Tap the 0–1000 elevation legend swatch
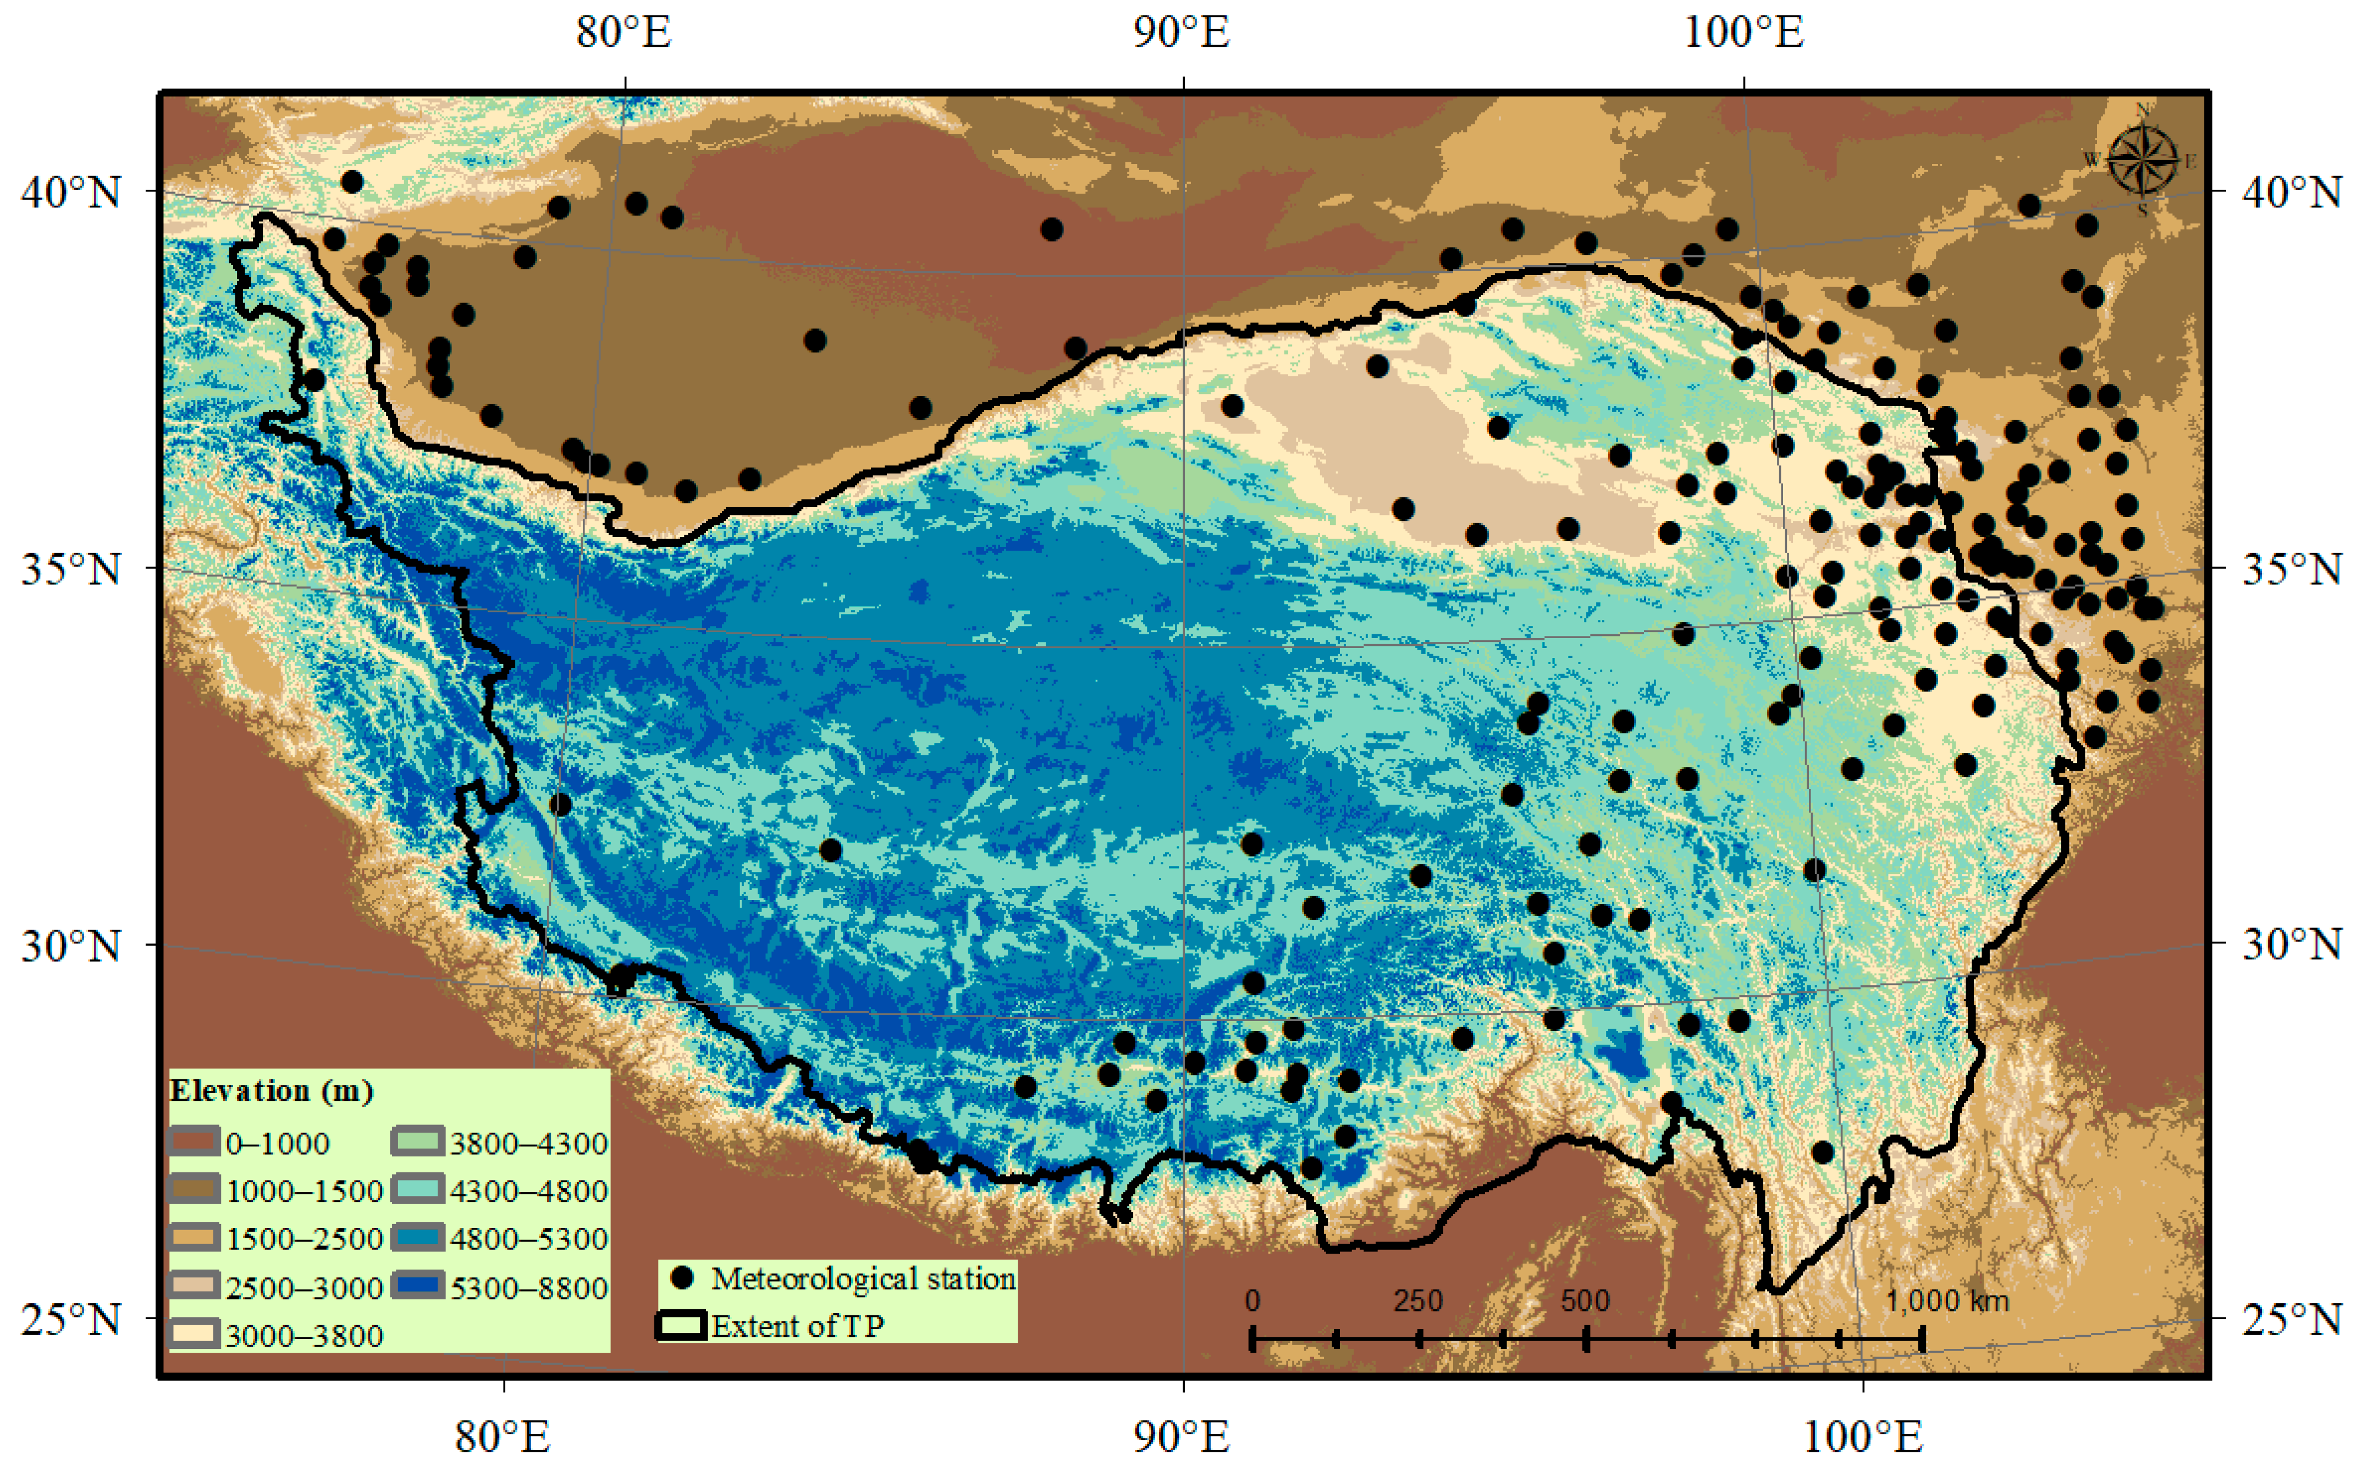(194, 1141)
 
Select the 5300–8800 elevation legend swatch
(418, 1286)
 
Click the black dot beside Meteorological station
(683, 1276)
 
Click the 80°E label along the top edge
(623, 32)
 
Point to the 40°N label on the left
(71, 191)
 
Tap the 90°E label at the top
(1182, 32)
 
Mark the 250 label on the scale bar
(1418, 1301)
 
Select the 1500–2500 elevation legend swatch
(194, 1238)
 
